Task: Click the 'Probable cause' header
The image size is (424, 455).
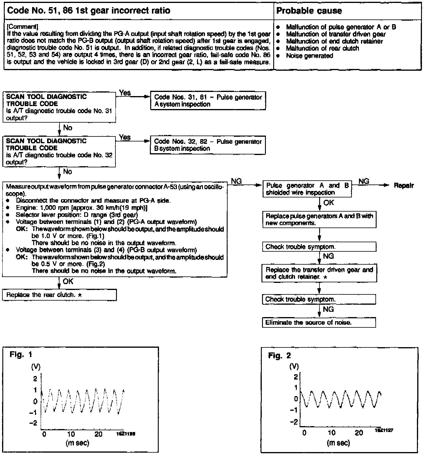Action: pyautogui.click(x=309, y=11)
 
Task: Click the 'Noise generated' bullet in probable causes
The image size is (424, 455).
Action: pyautogui.click(x=309, y=56)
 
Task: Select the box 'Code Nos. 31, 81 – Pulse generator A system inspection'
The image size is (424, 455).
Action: pyautogui.click(x=208, y=100)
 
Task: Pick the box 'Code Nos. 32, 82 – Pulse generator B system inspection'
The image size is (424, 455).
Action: pyautogui.click(x=208, y=145)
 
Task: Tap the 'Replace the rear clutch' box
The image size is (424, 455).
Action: pyautogui.click(x=59, y=295)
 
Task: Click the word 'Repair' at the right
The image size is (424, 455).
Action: pyautogui.click(x=404, y=186)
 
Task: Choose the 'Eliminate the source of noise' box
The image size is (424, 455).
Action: pyautogui.click(x=319, y=322)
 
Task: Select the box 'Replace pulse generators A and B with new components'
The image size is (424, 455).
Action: pyautogui.click(x=319, y=220)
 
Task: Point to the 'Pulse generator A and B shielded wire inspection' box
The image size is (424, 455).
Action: pyautogui.click(x=307, y=189)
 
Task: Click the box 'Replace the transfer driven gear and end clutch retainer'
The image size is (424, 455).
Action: pyautogui.click(x=319, y=273)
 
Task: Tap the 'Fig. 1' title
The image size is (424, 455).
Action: pyautogui.click(x=21, y=354)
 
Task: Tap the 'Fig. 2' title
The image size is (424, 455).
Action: pyautogui.click(x=279, y=356)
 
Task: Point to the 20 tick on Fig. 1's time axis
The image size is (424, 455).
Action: pyautogui.click(x=98, y=434)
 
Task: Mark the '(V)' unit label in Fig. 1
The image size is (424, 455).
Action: pyautogui.click(x=36, y=367)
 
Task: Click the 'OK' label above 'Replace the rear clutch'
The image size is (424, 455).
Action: pyautogui.click(x=68, y=281)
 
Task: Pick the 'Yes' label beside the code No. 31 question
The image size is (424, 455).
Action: pyautogui.click(x=125, y=93)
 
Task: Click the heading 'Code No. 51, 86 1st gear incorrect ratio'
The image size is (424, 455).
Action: pyautogui.click(x=89, y=11)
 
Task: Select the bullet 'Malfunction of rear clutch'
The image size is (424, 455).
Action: pyautogui.click(x=322, y=48)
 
